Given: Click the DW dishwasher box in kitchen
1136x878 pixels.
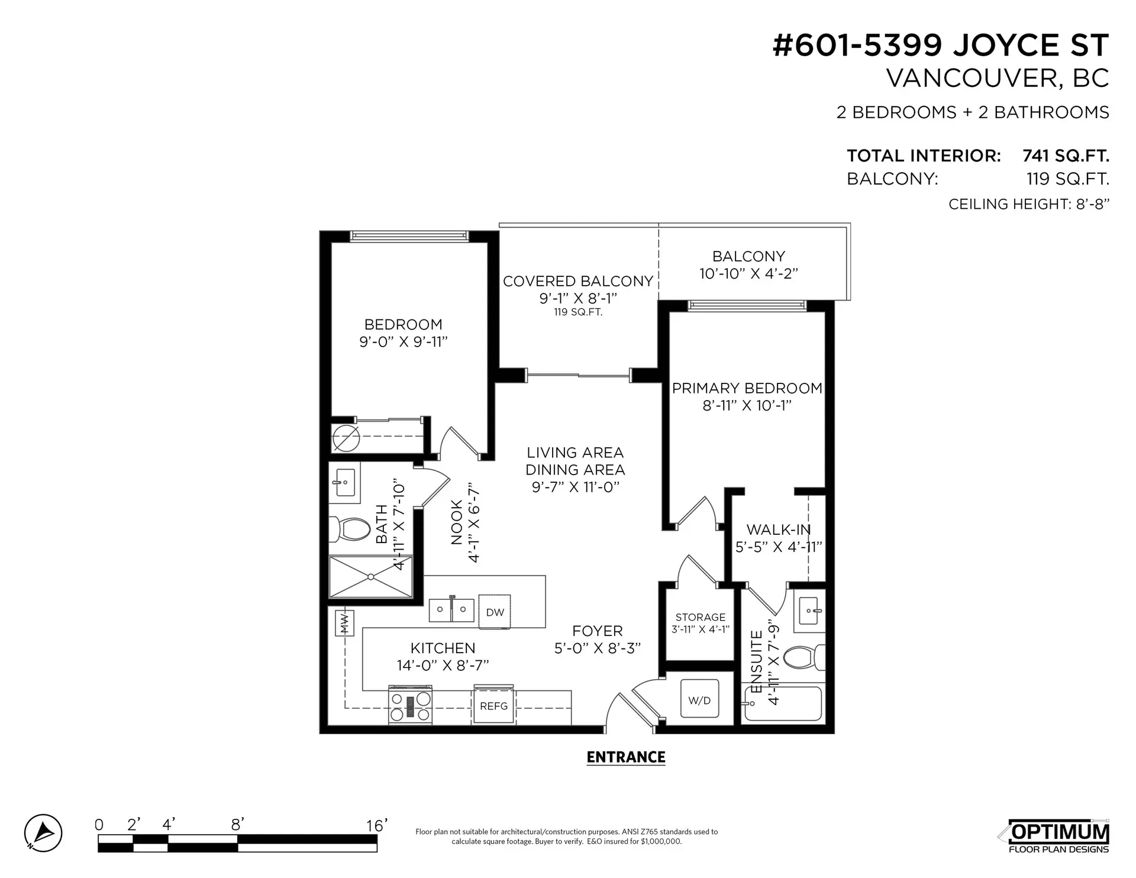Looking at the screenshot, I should tap(495, 612).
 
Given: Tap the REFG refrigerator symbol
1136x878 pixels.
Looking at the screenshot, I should tap(493, 706).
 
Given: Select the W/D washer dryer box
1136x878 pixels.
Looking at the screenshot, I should tap(699, 700).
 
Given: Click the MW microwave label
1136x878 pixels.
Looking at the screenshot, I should tap(344, 622).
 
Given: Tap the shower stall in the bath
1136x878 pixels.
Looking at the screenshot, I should tap(370, 576).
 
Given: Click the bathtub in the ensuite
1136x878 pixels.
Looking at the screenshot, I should tap(783, 704).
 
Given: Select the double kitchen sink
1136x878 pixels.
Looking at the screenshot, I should tap(451, 609).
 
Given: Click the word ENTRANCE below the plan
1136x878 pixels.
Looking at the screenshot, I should tap(625, 757).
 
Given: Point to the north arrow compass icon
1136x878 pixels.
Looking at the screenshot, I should tap(43, 833).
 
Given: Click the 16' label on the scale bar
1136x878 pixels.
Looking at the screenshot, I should tap(376, 825).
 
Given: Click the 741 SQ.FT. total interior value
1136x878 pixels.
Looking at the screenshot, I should tap(1066, 156).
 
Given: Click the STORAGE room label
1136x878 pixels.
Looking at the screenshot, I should tap(700, 617).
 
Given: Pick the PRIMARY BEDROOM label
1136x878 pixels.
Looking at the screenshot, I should tap(747, 388).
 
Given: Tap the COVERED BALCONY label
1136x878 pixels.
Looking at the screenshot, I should tap(577, 281).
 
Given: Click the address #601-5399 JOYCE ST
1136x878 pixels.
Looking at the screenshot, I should tap(940, 46).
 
